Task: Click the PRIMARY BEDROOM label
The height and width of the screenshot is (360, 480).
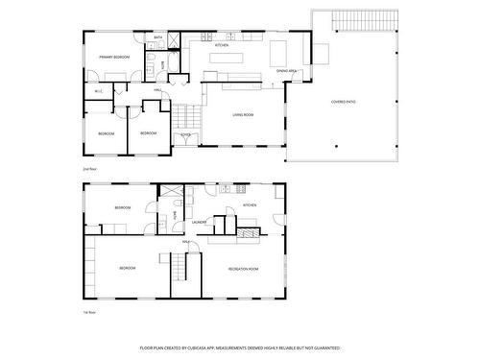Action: (x=114, y=58)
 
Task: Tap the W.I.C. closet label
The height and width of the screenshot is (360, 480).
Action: (x=98, y=91)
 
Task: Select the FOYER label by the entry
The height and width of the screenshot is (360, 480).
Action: (x=185, y=135)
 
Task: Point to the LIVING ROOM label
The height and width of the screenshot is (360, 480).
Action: (x=242, y=115)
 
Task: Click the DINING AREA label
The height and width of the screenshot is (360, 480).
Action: (x=286, y=70)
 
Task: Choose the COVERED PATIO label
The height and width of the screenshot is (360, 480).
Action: (x=345, y=102)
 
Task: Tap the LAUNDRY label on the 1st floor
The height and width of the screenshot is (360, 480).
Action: (x=200, y=222)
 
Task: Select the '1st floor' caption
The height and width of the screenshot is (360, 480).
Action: (x=89, y=311)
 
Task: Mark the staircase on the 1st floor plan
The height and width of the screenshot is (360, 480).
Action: (x=182, y=276)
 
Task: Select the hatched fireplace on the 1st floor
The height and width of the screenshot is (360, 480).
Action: (x=248, y=232)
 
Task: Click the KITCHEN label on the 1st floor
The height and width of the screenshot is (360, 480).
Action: (x=250, y=205)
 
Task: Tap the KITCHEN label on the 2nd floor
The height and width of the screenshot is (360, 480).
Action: (x=221, y=45)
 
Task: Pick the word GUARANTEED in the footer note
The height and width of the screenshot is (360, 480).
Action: (x=325, y=347)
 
